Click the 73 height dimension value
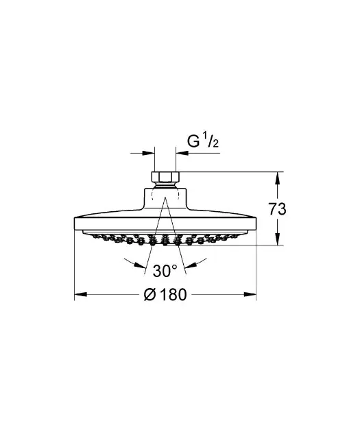277,208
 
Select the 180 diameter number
173,295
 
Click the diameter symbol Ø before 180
150,295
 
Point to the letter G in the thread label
193,141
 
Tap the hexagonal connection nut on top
165,177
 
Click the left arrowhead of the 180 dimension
81,295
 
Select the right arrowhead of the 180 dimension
250,295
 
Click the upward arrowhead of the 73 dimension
278,178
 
